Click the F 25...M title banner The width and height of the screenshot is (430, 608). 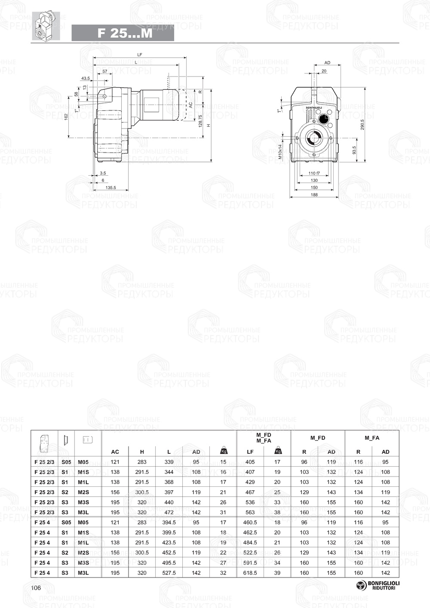pos(123,33)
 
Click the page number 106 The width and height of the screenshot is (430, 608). pos(36,587)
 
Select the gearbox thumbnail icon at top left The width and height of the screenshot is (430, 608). pos(46,26)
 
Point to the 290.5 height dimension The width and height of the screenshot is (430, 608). pos(362,125)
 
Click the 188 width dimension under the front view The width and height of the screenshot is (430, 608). pos(314,195)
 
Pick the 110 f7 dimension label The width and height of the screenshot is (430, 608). pos(314,174)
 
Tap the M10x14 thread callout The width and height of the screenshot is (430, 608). pos(279,151)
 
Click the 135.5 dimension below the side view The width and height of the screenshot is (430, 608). pos(111,187)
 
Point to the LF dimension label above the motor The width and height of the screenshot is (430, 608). pos(140,55)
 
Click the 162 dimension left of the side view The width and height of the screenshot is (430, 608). pos(66,117)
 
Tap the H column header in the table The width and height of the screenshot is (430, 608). pos(142,452)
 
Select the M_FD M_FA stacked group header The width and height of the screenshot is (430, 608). pos(264,438)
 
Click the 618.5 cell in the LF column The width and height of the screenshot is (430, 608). pos(250,573)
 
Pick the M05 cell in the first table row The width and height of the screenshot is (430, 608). pos(83,462)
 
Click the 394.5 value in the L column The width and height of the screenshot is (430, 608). pos(169,522)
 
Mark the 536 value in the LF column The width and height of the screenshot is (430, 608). pos(250,502)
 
